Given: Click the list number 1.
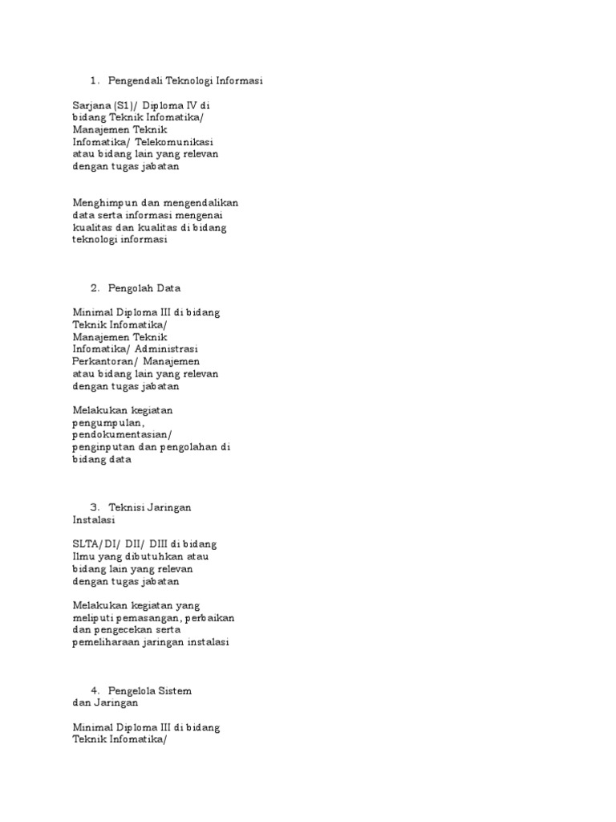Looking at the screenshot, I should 94,81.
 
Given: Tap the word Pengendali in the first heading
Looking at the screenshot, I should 136,81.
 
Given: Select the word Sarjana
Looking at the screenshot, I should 93,105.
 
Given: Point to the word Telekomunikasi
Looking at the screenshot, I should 178,140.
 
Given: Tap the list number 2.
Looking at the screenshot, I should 94,287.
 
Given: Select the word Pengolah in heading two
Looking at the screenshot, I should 131,287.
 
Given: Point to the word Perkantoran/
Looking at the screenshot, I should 103,361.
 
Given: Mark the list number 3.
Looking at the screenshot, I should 94,507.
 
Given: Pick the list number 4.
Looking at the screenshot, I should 94,690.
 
